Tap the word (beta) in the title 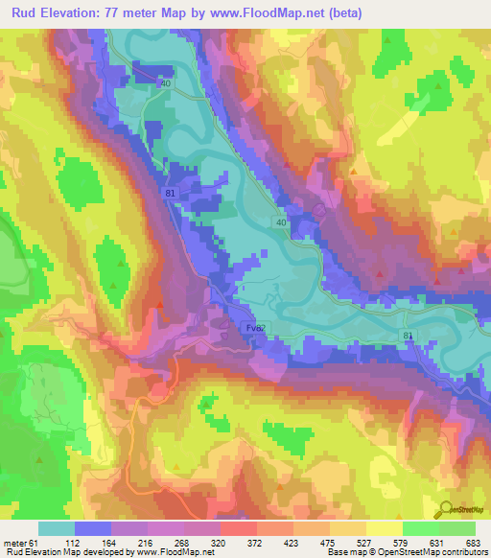pos(361,12)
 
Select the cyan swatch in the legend pos(57,528)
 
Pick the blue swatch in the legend pos(93,528)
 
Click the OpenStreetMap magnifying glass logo pos(448,511)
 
